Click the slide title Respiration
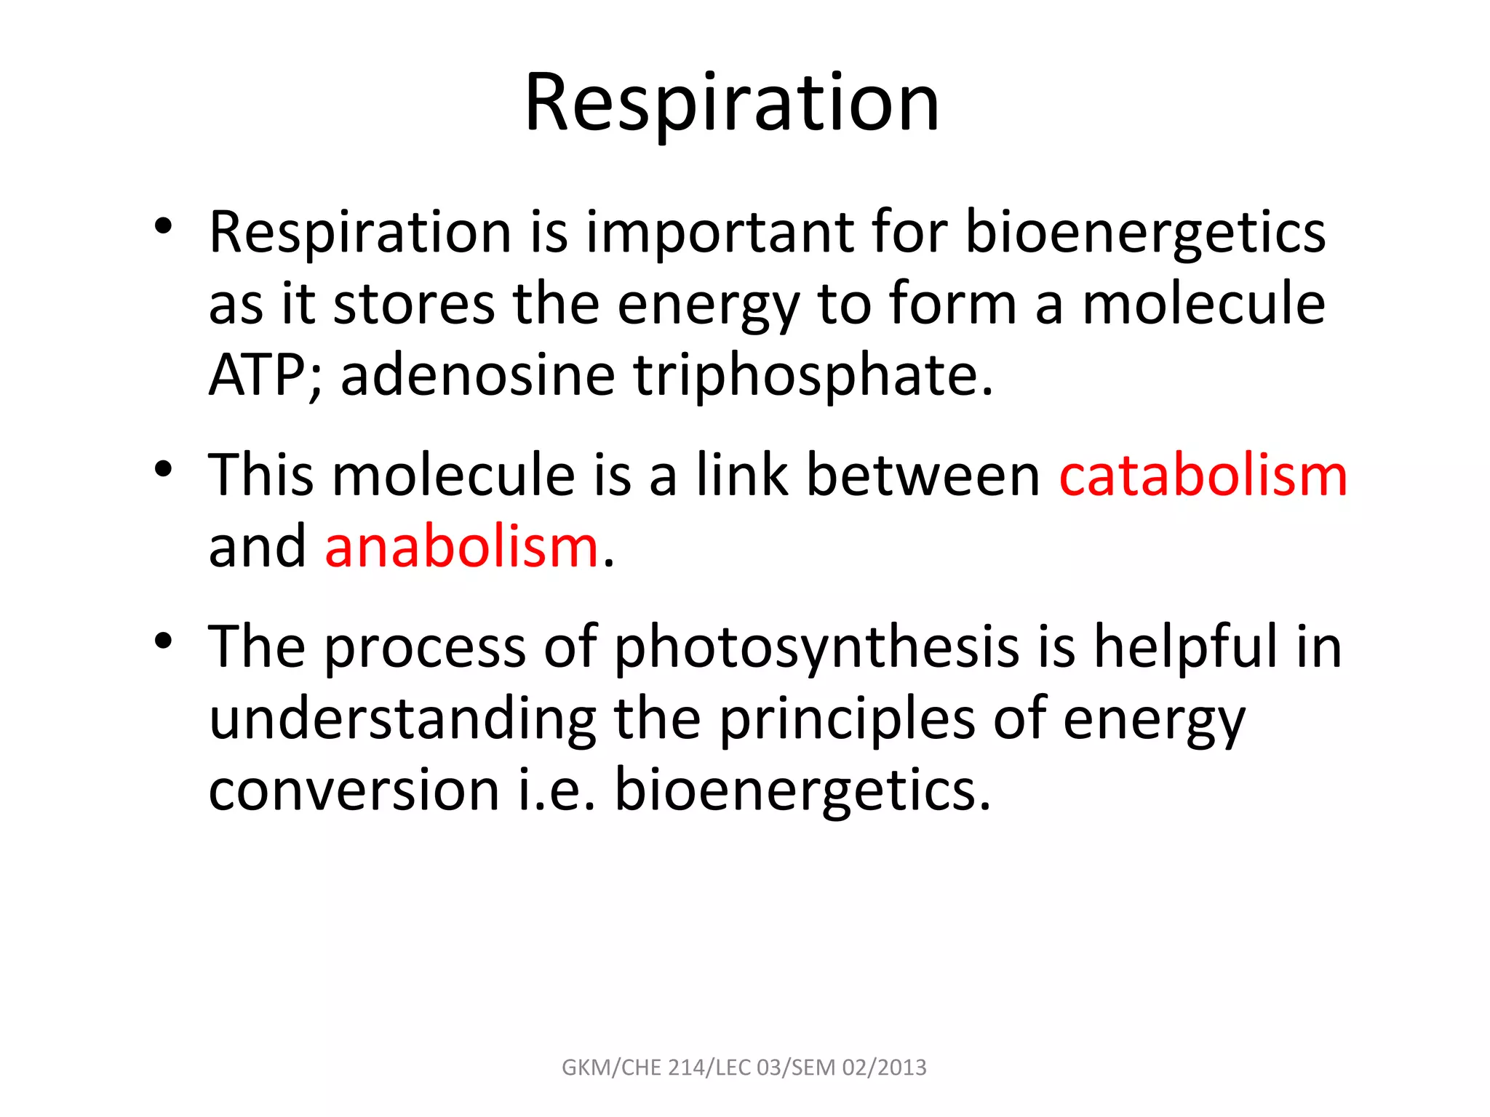coord(732,103)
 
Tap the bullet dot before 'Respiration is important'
coord(163,225)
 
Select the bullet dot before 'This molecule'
coord(163,469)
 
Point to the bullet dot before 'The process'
coord(163,641)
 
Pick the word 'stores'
coord(413,304)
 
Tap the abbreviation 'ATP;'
coord(265,375)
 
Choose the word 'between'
coord(924,476)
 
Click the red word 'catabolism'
coord(1203,476)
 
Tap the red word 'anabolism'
coord(461,547)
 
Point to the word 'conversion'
coord(354,790)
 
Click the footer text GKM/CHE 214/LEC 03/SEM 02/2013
coord(744,1068)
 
